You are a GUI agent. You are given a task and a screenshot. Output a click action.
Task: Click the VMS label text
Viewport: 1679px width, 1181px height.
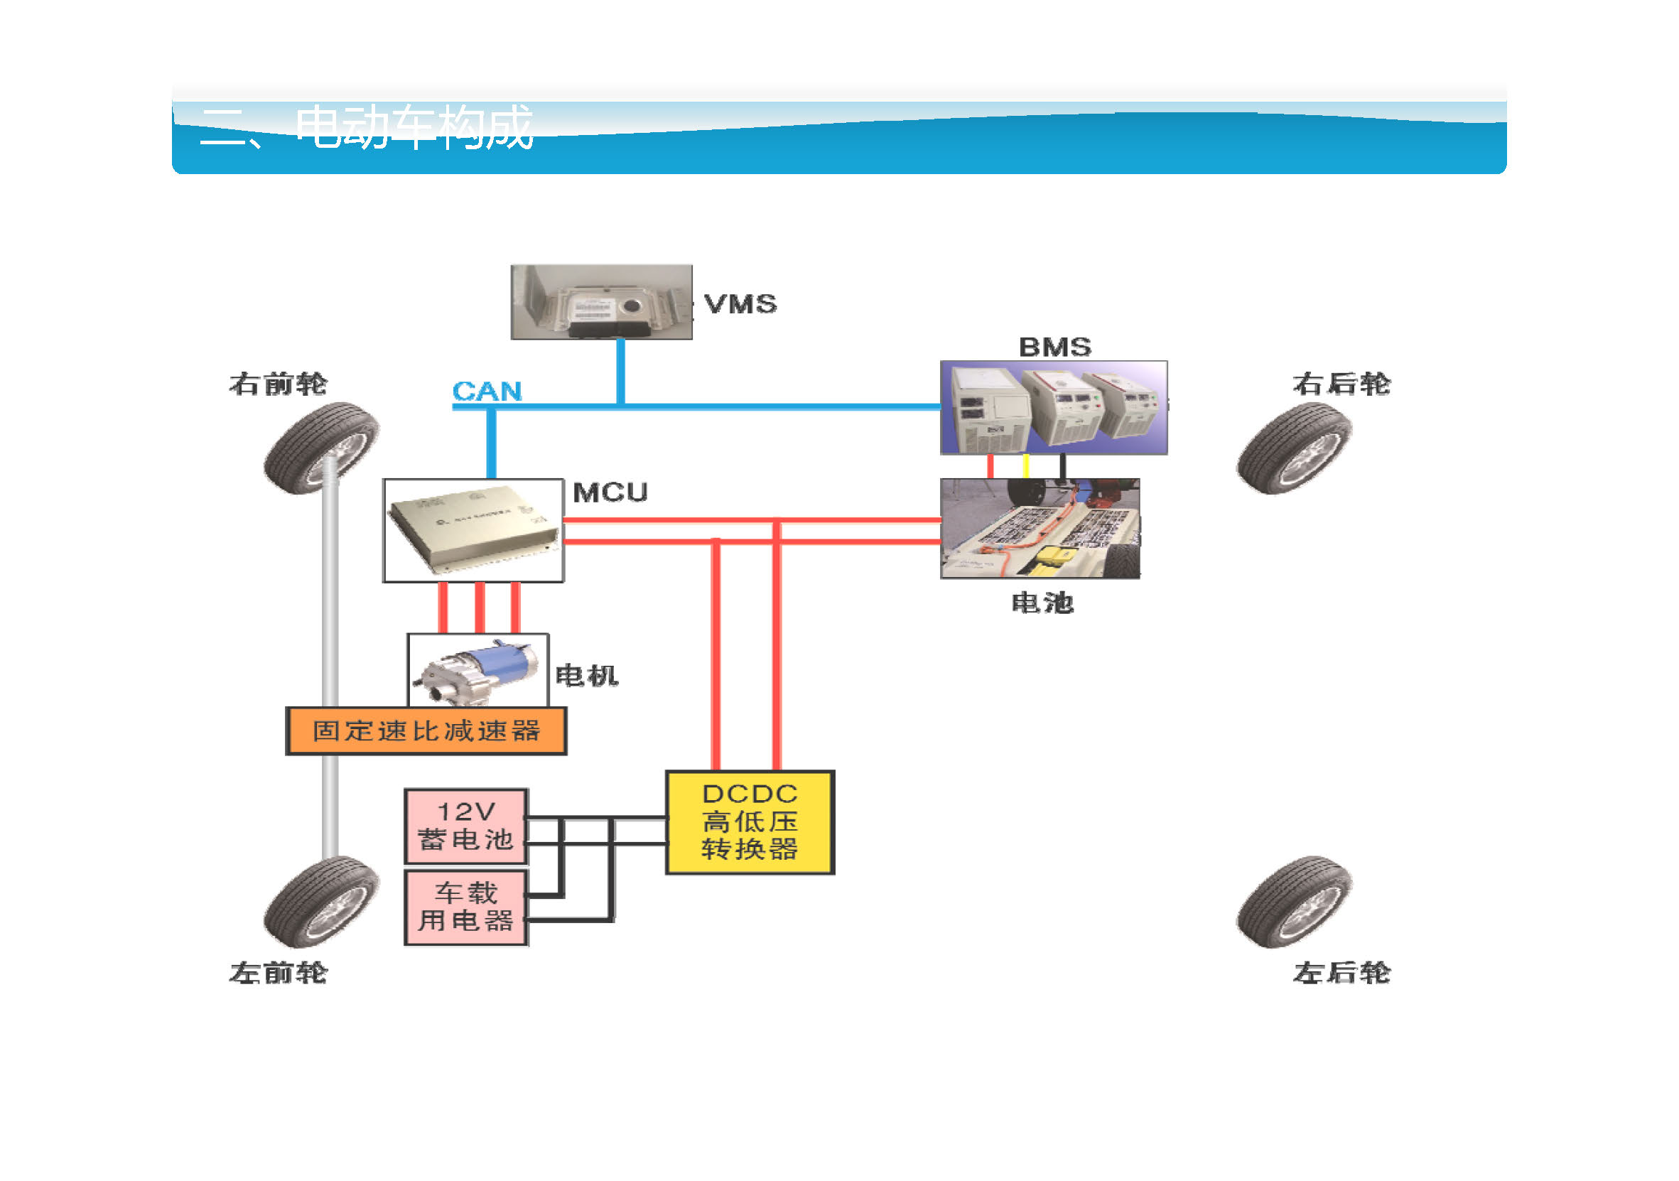(x=740, y=304)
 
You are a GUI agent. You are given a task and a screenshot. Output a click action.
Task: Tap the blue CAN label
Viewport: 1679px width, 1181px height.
(x=487, y=392)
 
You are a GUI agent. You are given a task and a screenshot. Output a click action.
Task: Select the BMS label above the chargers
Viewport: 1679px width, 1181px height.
(x=1054, y=347)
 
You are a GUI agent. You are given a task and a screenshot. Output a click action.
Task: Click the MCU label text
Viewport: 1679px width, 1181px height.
(x=610, y=493)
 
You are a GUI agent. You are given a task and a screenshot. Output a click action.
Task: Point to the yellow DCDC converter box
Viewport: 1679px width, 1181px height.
(x=750, y=823)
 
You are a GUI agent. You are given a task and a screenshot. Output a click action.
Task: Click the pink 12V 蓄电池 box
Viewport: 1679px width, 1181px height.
(x=466, y=826)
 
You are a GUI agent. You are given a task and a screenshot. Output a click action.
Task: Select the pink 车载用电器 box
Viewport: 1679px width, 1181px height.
(x=466, y=907)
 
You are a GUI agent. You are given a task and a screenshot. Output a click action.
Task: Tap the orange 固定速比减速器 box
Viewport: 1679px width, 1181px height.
(x=426, y=731)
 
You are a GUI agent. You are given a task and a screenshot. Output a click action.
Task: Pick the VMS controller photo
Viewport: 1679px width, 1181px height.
(x=601, y=303)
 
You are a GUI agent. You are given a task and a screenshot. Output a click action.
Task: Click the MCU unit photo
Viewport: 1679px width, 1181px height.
(x=473, y=531)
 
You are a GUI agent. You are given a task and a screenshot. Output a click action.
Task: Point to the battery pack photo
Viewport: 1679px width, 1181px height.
(x=1039, y=529)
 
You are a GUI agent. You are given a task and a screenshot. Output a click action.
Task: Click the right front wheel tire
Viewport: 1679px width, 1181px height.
(x=322, y=448)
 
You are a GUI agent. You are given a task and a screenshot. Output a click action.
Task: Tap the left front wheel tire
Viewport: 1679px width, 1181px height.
(x=322, y=902)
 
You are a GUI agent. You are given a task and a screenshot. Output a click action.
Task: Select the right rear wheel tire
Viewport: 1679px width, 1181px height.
(x=1294, y=448)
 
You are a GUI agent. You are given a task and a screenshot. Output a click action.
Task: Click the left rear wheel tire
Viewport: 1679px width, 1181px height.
(x=1294, y=902)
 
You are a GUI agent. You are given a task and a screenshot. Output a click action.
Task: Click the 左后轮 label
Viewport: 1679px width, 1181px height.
(x=1341, y=974)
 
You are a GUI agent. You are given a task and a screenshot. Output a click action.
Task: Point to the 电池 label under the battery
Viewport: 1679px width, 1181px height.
(x=1042, y=603)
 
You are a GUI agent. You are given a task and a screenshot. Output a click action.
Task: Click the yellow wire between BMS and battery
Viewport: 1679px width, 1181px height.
(x=1025, y=467)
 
